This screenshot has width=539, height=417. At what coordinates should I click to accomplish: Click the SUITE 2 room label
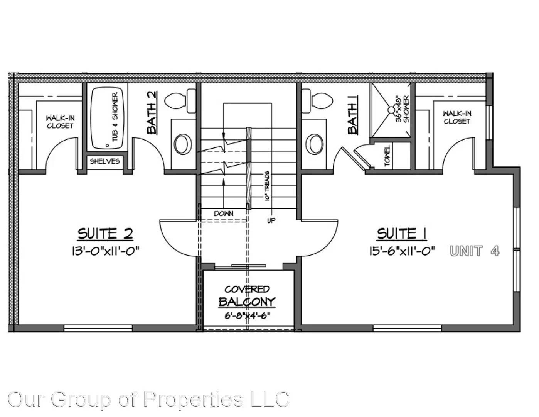click(105, 234)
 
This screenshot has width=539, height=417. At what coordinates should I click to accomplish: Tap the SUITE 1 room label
click(402, 234)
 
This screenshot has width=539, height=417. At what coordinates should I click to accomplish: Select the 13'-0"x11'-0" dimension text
click(105, 251)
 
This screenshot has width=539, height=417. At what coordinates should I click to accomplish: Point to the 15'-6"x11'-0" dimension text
click(402, 251)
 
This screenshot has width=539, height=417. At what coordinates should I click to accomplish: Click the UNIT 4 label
click(475, 251)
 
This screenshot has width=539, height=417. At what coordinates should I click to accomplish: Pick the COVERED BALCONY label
click(247, 296)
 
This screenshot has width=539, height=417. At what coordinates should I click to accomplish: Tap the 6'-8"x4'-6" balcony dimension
click(247, 315)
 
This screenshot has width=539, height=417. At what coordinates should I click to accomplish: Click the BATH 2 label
click(152, 112)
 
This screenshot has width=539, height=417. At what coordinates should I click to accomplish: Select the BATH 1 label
click(353, 115)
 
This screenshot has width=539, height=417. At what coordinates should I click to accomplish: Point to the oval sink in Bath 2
click(183, 144)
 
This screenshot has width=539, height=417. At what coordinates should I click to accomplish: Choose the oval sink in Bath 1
click(315, 144)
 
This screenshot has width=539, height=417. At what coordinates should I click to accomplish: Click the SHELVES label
click(105, 161)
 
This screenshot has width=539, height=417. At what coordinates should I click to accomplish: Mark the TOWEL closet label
click(387, 156)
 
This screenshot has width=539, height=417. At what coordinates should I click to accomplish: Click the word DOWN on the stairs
click(224, 214)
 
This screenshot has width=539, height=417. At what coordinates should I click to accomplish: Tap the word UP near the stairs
click(271, 220)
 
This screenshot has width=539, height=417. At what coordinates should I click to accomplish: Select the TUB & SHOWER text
click(115, 117)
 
